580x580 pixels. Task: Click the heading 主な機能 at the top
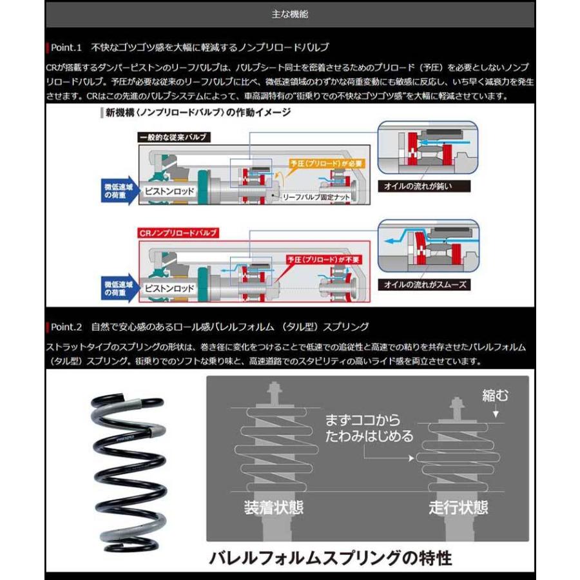[290, 14]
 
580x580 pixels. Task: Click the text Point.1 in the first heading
[67, 47]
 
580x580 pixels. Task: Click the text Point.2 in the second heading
[67, 327]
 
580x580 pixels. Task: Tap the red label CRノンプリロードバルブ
[178, 233]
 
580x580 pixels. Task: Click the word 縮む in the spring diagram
[495, 395]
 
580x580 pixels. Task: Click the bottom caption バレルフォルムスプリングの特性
[329, 557]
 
